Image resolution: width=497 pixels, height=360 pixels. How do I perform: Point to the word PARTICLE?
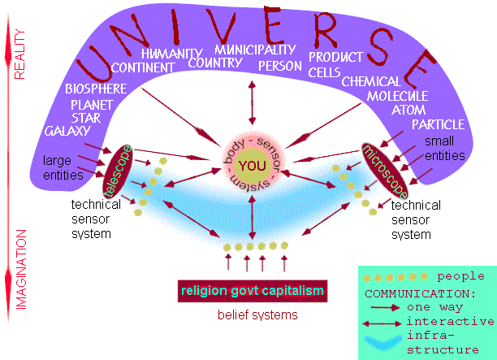(438, 125)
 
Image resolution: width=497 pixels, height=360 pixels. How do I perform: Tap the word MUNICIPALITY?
(256, 50)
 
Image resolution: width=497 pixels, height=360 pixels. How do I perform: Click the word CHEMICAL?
(371, 82)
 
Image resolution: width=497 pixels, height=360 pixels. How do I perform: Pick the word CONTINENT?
(145, 67)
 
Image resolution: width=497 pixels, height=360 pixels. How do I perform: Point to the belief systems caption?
(257, 314)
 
